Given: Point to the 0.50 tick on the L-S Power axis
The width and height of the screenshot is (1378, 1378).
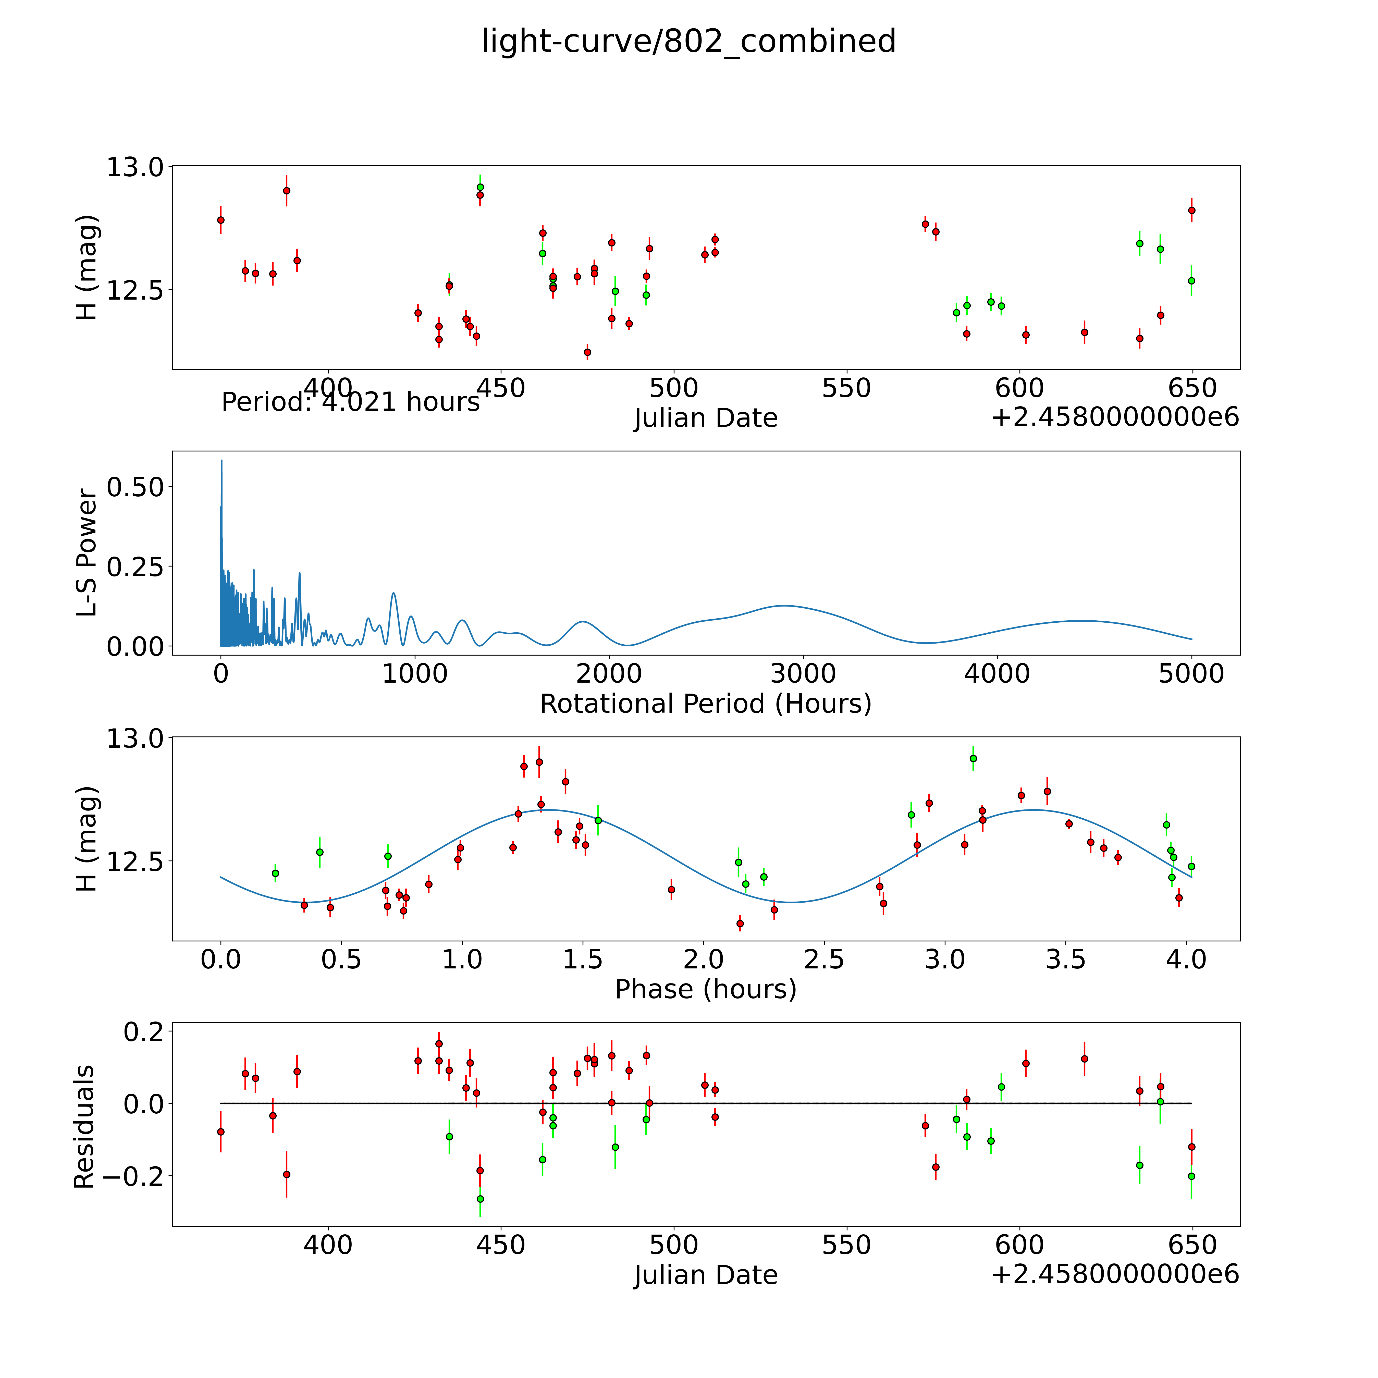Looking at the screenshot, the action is click(x=136, y=487).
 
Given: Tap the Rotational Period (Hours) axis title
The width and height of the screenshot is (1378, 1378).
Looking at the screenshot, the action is click(x=705, y=704).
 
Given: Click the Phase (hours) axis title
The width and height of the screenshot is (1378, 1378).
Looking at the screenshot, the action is click(x=705, y=989).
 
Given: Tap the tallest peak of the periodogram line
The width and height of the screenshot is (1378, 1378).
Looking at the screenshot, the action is click(x=221, y=461).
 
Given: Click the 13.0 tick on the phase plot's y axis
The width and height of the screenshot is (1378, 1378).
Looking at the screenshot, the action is click(x=136, y=738).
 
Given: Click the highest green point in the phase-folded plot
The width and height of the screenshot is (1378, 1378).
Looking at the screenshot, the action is click(x=973, y=758).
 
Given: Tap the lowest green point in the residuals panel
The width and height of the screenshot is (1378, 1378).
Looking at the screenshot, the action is click(x=480, y=1199).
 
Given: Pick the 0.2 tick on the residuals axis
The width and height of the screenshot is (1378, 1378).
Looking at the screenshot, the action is click(x=145, y=1031).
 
